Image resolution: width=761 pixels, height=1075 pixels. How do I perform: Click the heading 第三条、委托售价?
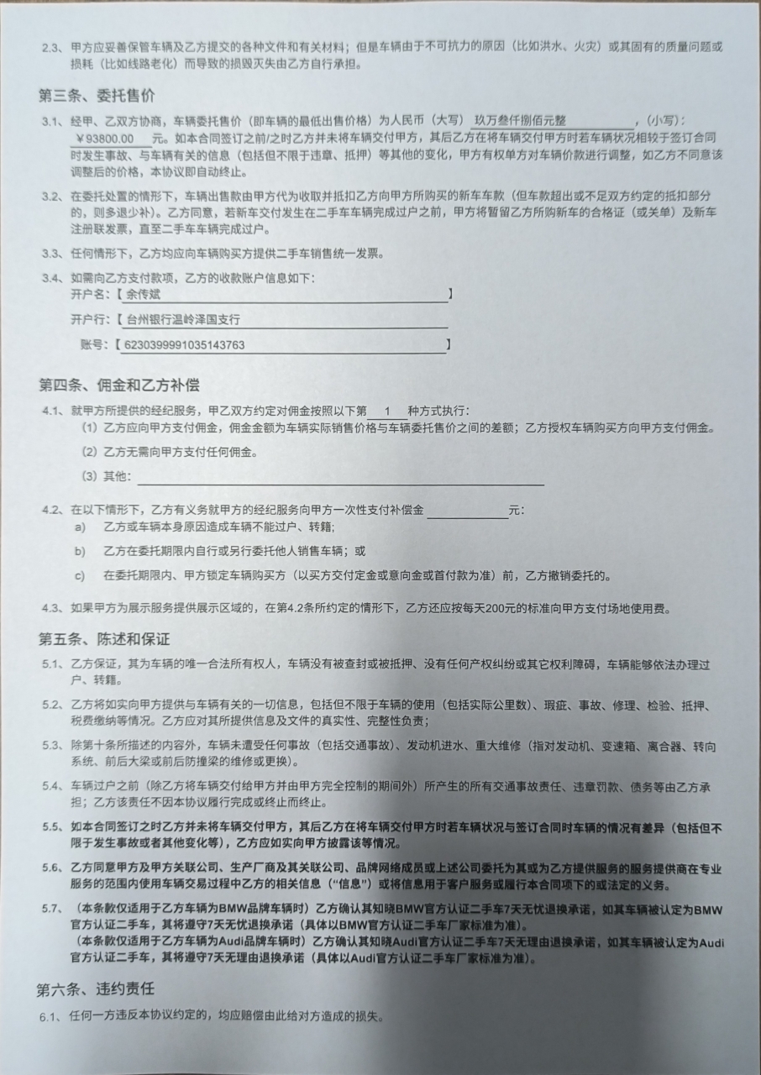(97, 94)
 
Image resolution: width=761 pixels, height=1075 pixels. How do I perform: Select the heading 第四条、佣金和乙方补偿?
(118, 385)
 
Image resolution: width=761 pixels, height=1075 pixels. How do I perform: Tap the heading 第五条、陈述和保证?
(103, 638)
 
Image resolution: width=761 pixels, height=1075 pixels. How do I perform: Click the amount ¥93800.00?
(105, 138)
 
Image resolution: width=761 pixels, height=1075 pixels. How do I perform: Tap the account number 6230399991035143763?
(184, 344)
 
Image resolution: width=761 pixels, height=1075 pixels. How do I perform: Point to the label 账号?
(93, 344)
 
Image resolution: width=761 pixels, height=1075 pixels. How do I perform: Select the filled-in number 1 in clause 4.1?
(387, 412)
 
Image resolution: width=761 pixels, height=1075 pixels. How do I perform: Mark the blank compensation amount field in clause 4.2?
(467, 511)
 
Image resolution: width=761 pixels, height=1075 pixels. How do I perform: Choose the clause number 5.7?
(52, 909)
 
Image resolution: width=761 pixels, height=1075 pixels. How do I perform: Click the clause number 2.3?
(52, 47)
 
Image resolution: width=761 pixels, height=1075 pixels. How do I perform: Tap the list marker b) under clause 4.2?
(80, 551)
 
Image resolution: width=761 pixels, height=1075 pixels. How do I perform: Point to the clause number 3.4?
(53, 278)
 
